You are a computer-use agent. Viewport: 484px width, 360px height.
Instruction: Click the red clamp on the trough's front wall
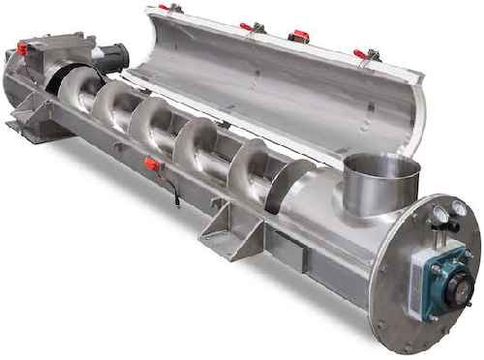152,164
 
